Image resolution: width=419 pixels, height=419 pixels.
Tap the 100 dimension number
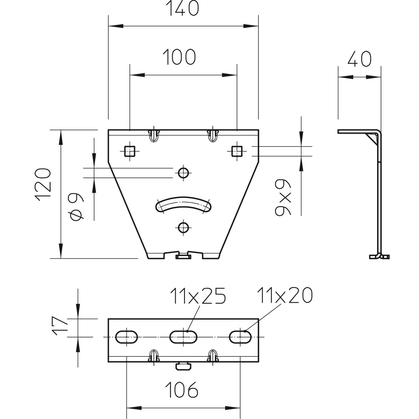[x=179, y=57]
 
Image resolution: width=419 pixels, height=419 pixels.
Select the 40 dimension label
[x=359, y=59]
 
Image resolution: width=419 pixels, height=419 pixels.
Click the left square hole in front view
[x=129, y=152]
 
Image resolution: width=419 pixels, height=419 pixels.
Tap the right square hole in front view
[x=237, y=151]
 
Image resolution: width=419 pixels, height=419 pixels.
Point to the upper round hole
[x=183, y=173]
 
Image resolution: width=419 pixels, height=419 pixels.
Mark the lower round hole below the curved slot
[x=183, y=227]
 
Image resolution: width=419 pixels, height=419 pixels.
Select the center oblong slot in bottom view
[x=183, y=337]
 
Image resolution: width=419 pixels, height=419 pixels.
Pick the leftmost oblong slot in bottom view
[x=127, y=337]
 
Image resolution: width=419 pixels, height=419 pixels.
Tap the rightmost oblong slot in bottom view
[x=240, y=337]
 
